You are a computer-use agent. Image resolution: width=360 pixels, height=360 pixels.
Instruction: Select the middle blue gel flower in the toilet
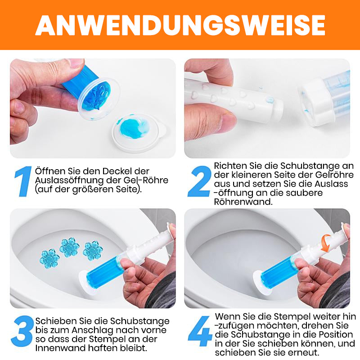(69, 247)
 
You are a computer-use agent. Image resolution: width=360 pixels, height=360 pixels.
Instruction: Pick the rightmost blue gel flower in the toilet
(93, 251)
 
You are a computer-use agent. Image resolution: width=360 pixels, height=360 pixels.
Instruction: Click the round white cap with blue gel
(135, 130)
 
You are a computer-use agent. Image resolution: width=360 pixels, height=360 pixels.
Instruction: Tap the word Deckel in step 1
(120, 172)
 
